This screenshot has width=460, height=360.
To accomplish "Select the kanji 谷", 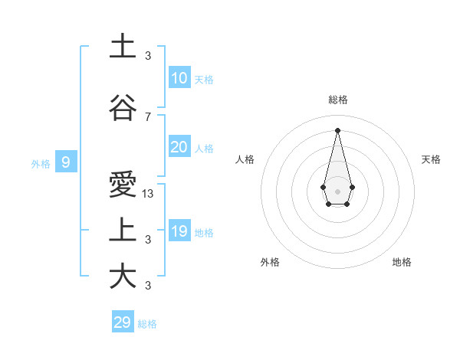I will coord(122,108).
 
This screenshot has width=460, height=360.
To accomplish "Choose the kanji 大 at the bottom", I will coord(122,276).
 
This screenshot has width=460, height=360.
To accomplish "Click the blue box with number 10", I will coord(179,77).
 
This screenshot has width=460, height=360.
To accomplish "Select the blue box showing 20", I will coord(179,147).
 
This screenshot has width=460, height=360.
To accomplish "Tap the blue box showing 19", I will coord(179,231).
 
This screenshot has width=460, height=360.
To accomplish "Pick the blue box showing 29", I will coord(123,322).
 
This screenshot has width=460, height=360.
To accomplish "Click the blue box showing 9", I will coord(66,162).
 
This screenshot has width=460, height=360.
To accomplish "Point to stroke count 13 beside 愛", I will coord(148,194).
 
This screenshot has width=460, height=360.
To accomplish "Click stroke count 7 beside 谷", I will coord(148,116).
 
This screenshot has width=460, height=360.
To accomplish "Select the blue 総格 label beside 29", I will coord(147,324).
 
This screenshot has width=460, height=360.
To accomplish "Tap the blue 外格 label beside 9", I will coord(41,163).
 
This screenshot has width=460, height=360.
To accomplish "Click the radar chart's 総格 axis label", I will coord(337,100).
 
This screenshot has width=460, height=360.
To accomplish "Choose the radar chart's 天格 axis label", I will coord(431,159).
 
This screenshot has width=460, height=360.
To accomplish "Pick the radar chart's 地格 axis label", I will coord(402,262).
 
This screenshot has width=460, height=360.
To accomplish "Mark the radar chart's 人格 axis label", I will coord(245,159).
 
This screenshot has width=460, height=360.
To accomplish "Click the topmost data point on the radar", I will coord(337,129).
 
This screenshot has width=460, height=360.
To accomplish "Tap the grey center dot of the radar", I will coord(337,190).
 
